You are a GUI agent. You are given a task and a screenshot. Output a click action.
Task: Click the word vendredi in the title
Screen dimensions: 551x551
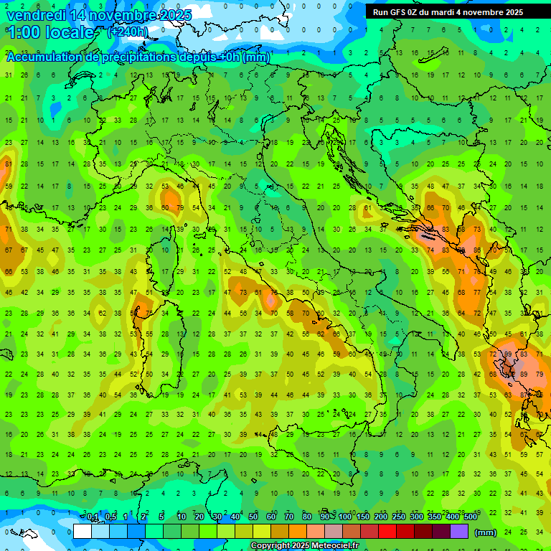(x=36, y=15)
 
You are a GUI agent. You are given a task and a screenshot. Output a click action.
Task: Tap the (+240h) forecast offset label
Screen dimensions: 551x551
(x=128, y=32)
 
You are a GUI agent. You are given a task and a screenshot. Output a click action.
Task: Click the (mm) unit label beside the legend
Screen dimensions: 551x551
(x=486, y=532)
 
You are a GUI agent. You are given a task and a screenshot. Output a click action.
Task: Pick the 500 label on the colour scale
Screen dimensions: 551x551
(x=471, y=517)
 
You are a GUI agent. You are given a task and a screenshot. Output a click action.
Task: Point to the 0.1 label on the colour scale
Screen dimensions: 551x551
(x=93, y=517)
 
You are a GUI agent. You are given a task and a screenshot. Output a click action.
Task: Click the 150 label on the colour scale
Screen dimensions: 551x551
(x=362, y=517)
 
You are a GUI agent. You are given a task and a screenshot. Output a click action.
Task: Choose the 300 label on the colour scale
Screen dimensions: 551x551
(x=416, y=517)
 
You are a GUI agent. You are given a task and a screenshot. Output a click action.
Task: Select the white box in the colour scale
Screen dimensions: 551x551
(x=83, y=531)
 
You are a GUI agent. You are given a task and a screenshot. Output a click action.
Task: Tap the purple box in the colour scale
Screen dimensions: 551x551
(x=459, y=531)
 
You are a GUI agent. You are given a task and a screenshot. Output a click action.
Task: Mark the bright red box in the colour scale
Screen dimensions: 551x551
(x=387, y=531)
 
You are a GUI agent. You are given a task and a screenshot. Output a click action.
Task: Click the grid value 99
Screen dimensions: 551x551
(x=508, y=355)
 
